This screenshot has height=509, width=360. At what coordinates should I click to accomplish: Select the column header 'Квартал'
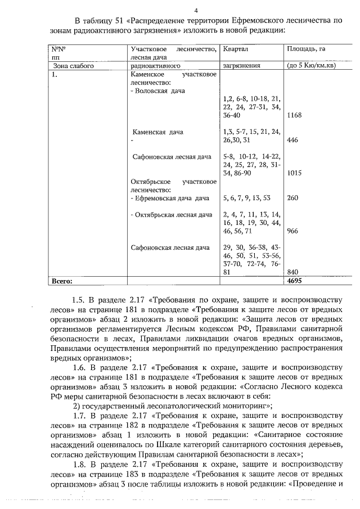pos(236,49)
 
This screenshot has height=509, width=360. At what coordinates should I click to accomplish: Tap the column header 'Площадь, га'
pos(306,49)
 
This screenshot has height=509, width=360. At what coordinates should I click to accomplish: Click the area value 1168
pos(294,115)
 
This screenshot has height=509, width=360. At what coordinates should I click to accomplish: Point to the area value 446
pos(292,140)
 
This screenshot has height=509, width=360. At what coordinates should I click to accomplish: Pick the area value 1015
pos(294,173)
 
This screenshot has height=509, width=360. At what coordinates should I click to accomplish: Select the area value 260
pos(292,198)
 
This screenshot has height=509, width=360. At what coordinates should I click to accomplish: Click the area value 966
pos(292,231)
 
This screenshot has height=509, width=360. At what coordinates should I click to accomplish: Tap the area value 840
pos(292,272)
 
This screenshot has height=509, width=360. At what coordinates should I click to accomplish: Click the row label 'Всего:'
pos(62,280)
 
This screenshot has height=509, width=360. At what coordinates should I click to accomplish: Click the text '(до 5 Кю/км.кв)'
pos(311,65)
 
